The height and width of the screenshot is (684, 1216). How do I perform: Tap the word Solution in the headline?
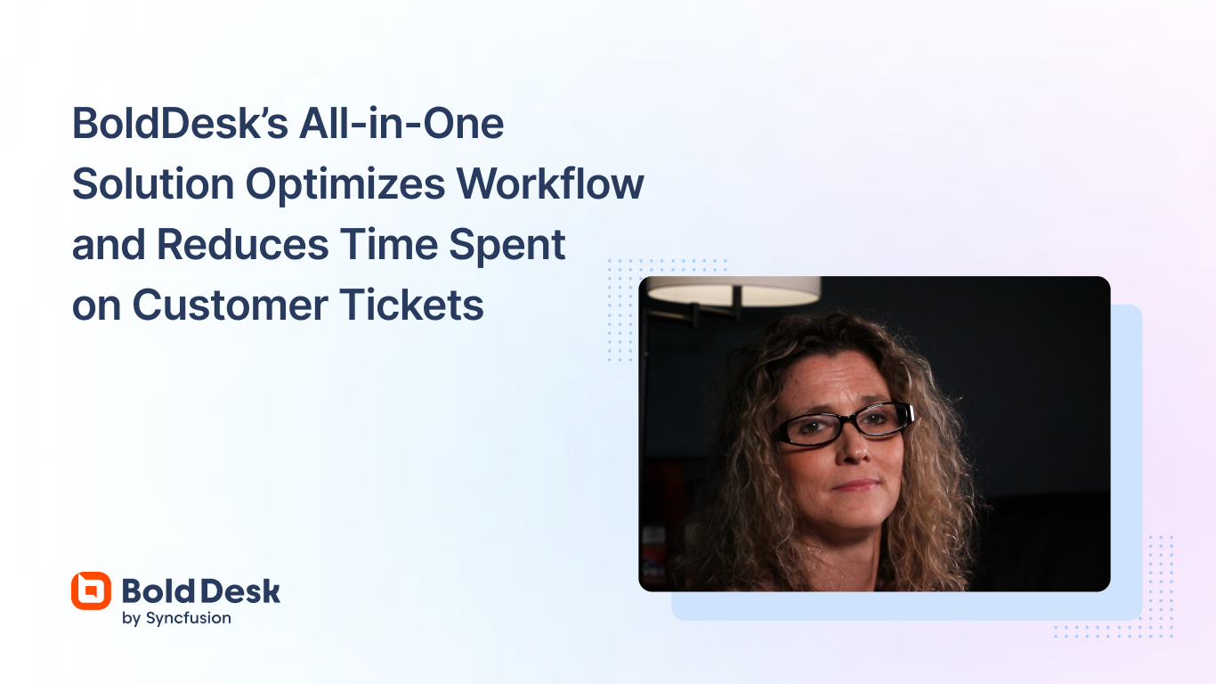[x=151, y=183]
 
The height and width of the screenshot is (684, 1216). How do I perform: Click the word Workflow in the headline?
[x=550, y=183]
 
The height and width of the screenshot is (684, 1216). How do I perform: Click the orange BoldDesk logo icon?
[x=91, y=590]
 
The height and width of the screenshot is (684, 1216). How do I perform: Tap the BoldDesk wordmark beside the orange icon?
[x=200, y=590]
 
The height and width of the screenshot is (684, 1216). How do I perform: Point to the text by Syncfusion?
[x=176, y=618]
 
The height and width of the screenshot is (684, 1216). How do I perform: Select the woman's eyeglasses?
[x=844, y=422]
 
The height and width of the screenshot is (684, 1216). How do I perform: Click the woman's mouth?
[x=857, y=485]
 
